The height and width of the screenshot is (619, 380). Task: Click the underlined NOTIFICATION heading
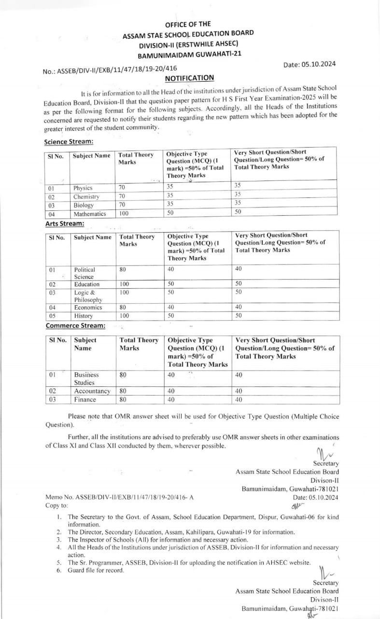(189, 78)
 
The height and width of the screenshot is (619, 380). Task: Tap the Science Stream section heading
(69, 142)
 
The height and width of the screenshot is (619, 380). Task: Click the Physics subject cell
(83, 188)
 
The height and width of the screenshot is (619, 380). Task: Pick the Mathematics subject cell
(89, 214)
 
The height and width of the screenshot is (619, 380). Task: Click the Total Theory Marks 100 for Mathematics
(124, 214)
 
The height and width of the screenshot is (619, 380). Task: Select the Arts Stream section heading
(65, 224)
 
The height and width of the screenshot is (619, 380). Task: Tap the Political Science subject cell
(84, 273)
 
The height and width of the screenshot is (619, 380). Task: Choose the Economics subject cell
(88, 308)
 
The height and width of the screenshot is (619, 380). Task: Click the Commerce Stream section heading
(75, 326)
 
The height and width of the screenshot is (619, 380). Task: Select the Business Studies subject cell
(86, 379)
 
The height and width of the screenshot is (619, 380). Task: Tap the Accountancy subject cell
(92, 391)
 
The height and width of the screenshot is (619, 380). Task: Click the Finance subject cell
(85, 399)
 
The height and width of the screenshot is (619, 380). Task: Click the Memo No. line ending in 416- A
(119, 497)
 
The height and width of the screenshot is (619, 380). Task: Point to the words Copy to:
(56, 505)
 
